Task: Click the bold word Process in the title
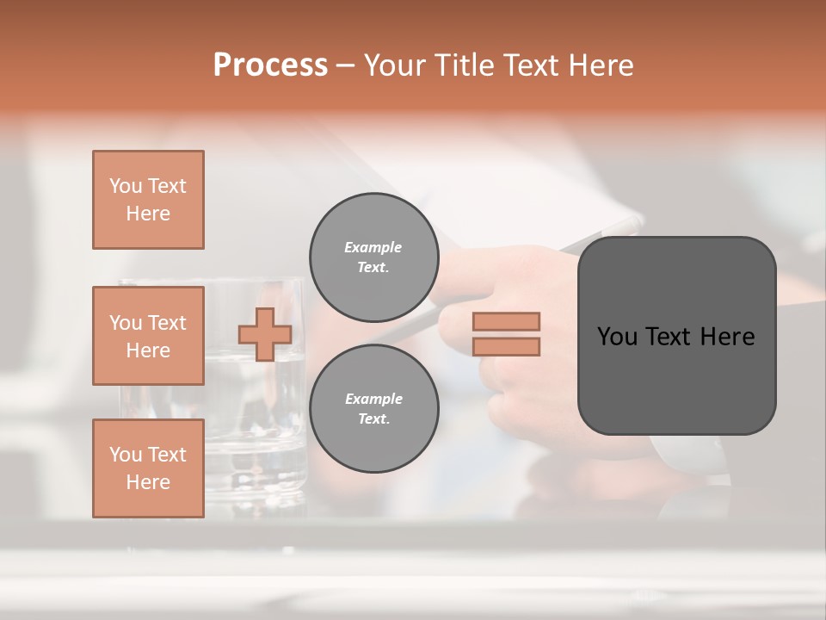click(270, 65)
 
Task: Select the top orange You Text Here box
click(148, 200)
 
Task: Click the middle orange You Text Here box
click(148, 336)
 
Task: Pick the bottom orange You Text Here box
click(148, 468)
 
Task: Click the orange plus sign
click(265, 334)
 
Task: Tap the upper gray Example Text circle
click(373, 257)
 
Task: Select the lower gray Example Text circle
click(373, 408)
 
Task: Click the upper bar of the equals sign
click(506, 321)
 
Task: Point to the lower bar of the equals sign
click(506, 347)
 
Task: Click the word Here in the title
click(602, 65)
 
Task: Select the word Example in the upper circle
click(373, 247)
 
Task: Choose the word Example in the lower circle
click(373, 399)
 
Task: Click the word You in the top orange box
click(125, 186)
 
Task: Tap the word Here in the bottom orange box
click(148, 482)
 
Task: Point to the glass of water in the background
click(258, 431)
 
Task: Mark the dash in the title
click(346, 66)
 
